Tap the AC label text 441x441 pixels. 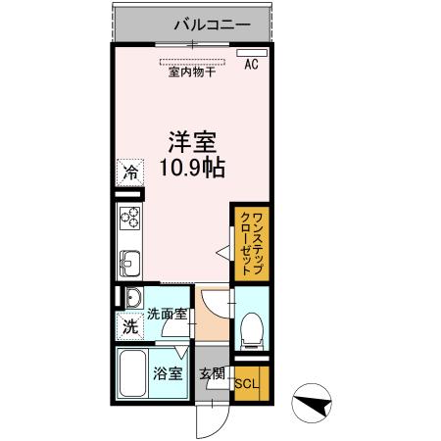point(251,67)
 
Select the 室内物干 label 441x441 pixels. point(192,73)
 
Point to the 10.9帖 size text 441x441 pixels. point(191,168)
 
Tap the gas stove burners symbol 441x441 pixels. point(130,217)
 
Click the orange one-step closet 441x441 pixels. point(248,240)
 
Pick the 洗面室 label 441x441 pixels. point(166,316)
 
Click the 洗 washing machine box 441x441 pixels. point(129,327)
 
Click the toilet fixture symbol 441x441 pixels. point(251,326)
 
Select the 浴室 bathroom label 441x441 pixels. point(167,372)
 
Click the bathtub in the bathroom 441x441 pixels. point(131,373)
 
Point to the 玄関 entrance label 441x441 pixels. point(213,372)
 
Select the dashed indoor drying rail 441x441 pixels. point(193,61)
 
